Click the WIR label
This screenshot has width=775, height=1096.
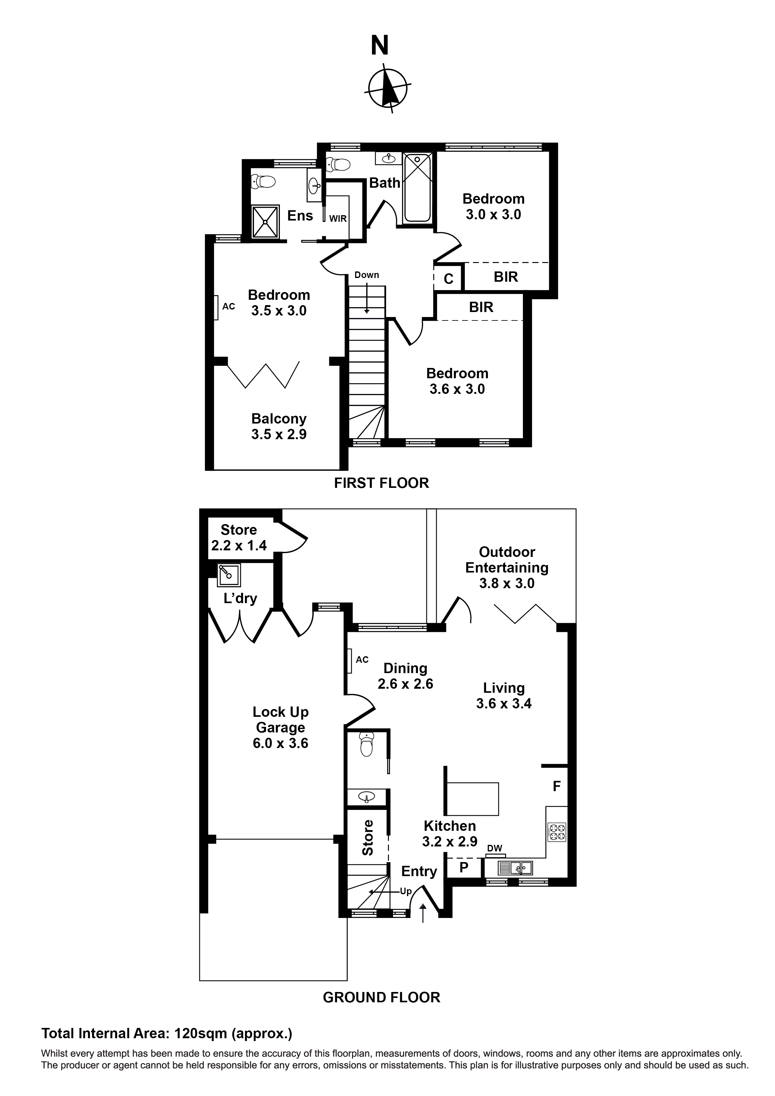tap(338, 219)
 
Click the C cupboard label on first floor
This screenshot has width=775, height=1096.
tap(448, 279)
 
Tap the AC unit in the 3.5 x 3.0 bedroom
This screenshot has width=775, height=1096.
tap(216, 307)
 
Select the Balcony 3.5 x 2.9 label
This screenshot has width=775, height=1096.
tap(279, 426)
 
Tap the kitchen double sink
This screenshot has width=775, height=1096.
tap(515, 867)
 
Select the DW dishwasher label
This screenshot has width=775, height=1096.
tap(495, 849)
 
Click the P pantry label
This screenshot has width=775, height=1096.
tap(464, 868)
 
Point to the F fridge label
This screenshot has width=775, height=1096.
tap(556, 786)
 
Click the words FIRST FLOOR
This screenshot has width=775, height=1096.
tap(381, 483)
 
